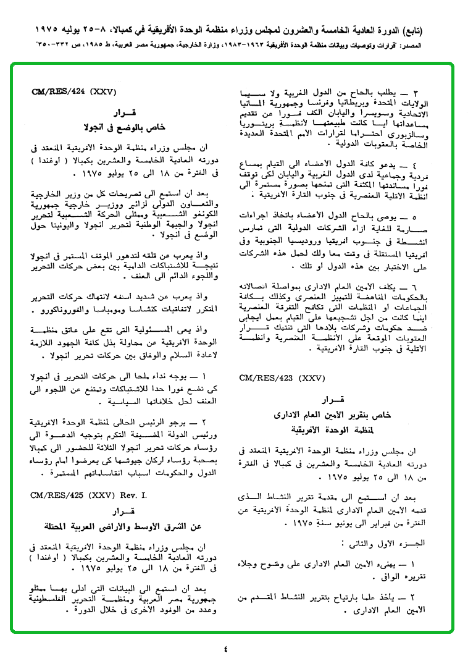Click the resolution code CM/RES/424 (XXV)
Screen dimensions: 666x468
[x=70, y=92]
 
